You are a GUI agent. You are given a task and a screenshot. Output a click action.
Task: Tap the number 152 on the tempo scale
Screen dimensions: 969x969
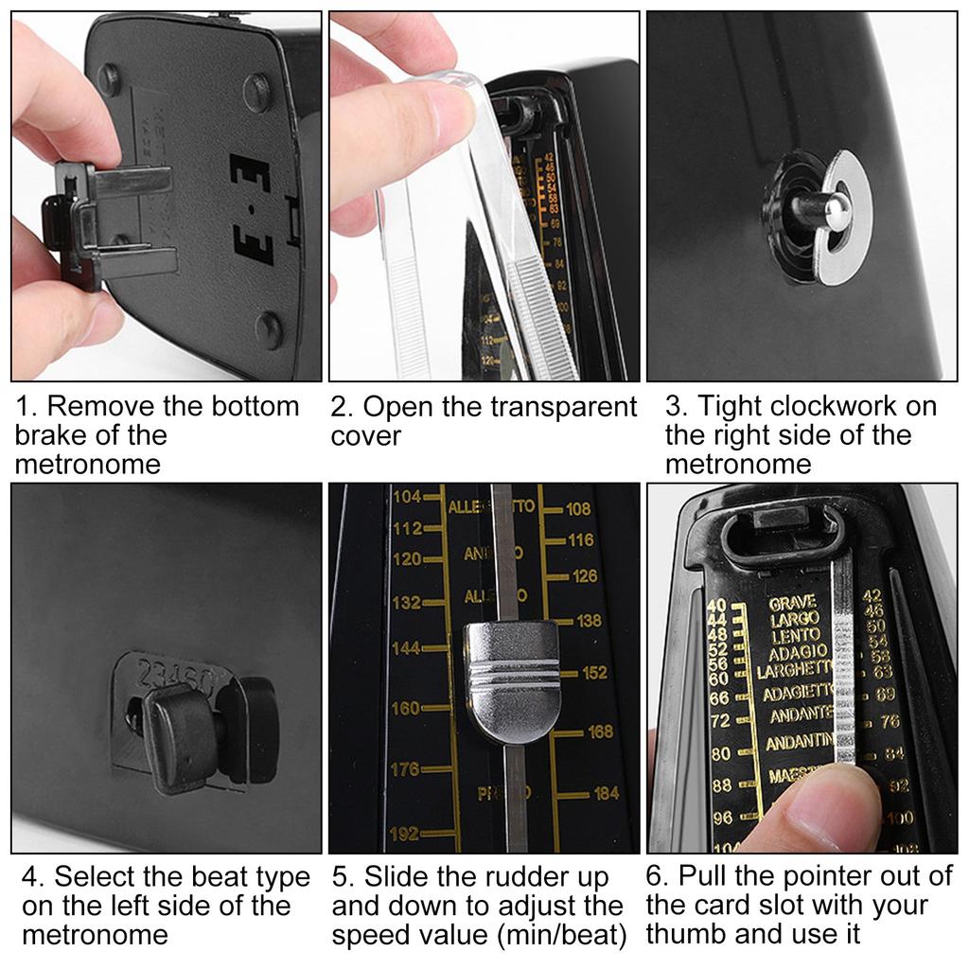point(594,673)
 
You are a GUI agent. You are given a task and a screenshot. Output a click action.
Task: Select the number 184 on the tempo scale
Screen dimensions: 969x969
point(606,793)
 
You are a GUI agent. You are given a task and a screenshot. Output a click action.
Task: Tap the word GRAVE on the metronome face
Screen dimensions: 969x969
point(792,603)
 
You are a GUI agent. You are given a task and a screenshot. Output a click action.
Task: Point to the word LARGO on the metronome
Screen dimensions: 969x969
point(795,619)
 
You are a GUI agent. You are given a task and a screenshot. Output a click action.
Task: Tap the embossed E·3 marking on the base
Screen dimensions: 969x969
point(253,207)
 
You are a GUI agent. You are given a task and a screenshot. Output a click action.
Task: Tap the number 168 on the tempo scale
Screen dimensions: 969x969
point(600,731)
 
